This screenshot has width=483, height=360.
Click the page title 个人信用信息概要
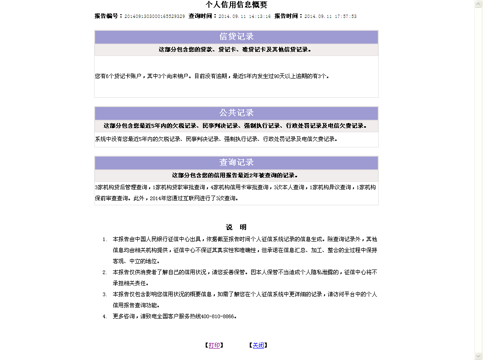[x=236, y=5]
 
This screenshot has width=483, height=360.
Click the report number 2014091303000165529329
[x=155, y=16]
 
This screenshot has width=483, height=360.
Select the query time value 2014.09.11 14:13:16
[x=245, y=16]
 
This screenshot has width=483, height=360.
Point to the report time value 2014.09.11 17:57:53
[x=331, y=16]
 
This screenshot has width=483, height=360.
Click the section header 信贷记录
[x=236, y=37]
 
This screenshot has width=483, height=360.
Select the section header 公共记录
[x=236, y=113]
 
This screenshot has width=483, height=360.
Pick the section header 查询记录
[x=236, y=163]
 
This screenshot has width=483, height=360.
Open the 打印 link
[x=214, y=345]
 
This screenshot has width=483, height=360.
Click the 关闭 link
[x=258, y=345]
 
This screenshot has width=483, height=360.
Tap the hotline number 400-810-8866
[x=218, y=316]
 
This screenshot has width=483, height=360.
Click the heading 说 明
[x=236, y=227]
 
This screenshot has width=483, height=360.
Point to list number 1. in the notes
[x=105, y=239]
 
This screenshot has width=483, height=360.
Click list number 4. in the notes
[x=105, y=316]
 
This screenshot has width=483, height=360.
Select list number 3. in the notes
[x=105, y=294]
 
